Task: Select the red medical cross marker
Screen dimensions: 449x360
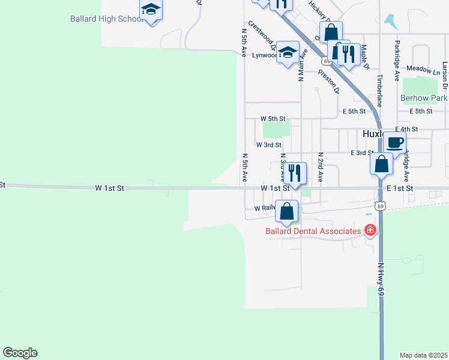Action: [x=370, y=230]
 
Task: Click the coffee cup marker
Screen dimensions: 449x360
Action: [x=394, y=143]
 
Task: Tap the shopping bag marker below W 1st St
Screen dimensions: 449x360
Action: [x=288, y=212]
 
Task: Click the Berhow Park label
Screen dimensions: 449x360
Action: [x=424, y=98]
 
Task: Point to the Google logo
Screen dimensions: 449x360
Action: [x=20, y=353]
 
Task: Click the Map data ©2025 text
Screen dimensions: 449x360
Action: [x=424, y=355]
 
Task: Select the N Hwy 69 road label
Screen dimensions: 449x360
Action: [x=381, y=277]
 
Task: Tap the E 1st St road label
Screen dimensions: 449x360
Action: [x=400, y=188]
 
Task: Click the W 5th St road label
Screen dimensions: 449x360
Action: [x=273, y=119]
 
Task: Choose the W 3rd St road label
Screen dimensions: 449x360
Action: [x=268, y=145]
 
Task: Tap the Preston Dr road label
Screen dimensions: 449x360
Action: [x=328, y=82]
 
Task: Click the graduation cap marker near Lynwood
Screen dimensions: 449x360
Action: [x=289, y=52]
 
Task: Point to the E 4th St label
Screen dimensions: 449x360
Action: [x=406, y=129]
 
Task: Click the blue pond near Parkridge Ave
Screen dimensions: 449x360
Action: [x=391, y=22]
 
